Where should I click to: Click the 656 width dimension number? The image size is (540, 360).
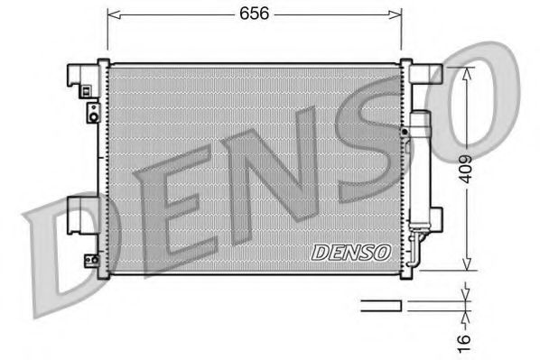pos(253,14)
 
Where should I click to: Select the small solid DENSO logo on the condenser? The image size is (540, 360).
pos(350,253)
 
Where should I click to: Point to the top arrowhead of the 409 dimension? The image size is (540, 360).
pos(466,73)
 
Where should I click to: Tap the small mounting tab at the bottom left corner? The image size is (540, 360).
pos(92,262)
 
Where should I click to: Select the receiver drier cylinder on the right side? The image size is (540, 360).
pos(420,167)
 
